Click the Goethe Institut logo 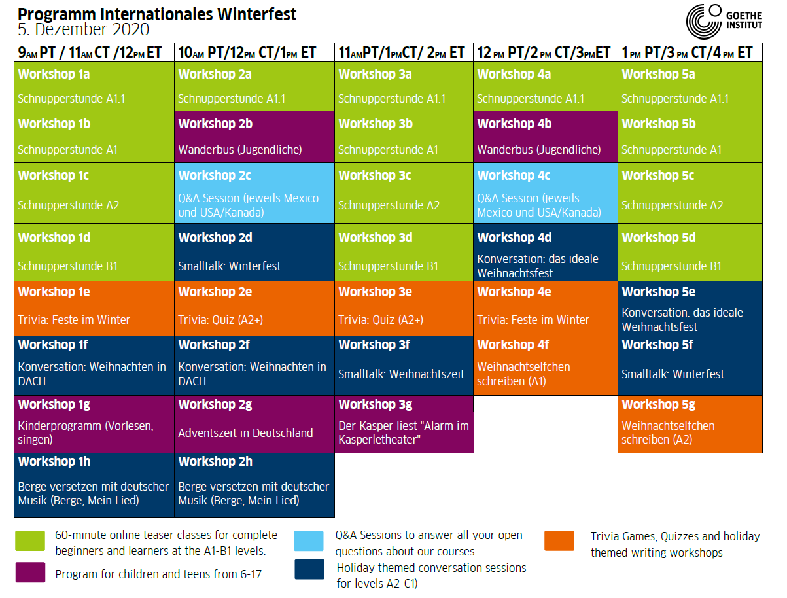tap(724, 21)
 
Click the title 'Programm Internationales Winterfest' tap(157, 14)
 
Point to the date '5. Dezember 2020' tap(83, 29)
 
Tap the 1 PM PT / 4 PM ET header tap(690, 52)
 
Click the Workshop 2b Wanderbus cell tap(254, 137)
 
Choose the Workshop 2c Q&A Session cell tap(254, 193)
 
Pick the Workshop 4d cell tap(546, 253)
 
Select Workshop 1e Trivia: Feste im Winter tap(94, 308)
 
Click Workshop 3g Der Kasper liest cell tap(404, 424)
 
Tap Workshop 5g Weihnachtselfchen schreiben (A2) tap(690, 424)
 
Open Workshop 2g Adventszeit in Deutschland tap(254, 424)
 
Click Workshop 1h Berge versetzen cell tap(94, 485)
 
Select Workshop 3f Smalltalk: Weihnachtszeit tap(404, 366)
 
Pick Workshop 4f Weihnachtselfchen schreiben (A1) tap(546, 366)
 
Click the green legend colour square tap(30, 540)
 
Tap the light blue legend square tap(309, 540)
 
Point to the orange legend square tap(559, 540)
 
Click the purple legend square tap(30, 572)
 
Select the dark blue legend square tap(309, 569)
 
